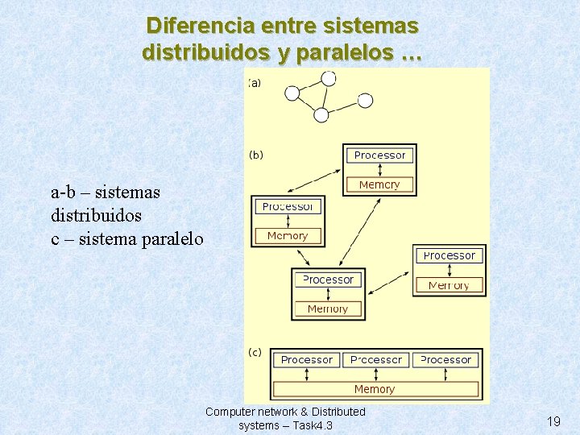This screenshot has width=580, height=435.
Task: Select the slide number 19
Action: click(553, 420)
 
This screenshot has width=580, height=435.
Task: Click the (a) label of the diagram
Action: click(255, 82)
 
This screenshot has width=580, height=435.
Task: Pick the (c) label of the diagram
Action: click(255, 352)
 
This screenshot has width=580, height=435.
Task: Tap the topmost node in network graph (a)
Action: click(328, 79)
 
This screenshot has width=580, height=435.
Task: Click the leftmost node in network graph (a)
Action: click(292, 93)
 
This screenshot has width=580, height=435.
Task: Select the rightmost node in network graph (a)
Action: click(365, 101)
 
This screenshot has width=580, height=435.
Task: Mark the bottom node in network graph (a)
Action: click(321, 115)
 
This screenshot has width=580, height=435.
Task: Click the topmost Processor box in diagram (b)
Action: click(379, 155)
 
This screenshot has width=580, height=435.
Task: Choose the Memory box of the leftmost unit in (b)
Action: click(288, 236)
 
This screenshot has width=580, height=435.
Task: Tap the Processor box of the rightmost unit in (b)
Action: click(449, 256)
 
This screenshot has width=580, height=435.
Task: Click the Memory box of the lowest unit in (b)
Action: click(328, 309)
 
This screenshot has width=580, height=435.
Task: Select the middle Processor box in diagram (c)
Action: click(376, 360)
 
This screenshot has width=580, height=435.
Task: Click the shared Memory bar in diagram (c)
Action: click(375, 389)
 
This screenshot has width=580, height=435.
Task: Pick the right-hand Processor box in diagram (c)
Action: click(445, 360)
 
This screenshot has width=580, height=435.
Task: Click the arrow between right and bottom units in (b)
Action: click(391, 281)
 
